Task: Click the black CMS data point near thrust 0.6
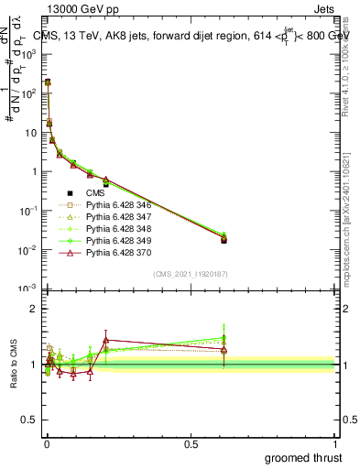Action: pyautogui.click(x=224, y=240)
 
